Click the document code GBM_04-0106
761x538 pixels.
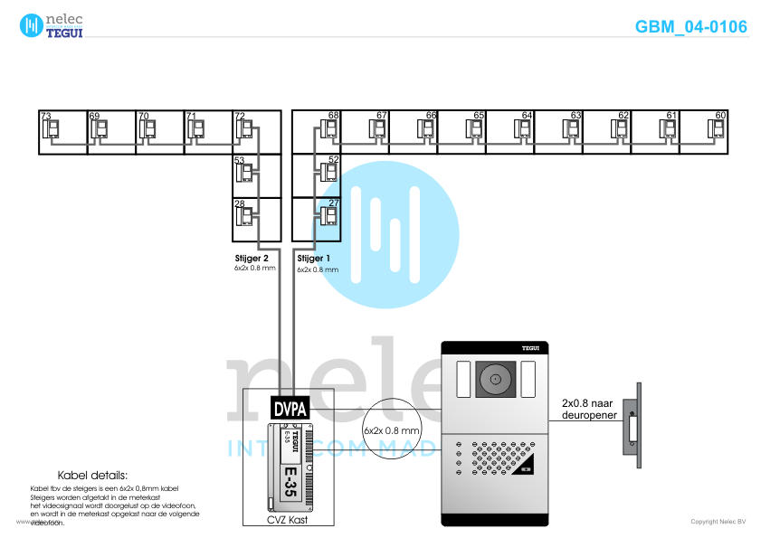pos(690,27)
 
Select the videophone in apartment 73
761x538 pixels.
pos(52,130)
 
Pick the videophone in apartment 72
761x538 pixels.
pos(244,130)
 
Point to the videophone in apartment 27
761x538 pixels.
pos(328,217)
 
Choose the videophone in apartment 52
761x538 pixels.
pos(328,173)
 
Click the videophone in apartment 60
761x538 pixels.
pos(717,130)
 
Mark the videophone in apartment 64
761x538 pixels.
pos(524,130)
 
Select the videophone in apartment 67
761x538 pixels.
pos(378,130)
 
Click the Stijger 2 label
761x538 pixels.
pos(252,259)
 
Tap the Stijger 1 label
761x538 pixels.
pos(315,259)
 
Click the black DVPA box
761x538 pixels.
pos(290,409)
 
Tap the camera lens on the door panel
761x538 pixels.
pos(495,377)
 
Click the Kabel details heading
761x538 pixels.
pos(93,475)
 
